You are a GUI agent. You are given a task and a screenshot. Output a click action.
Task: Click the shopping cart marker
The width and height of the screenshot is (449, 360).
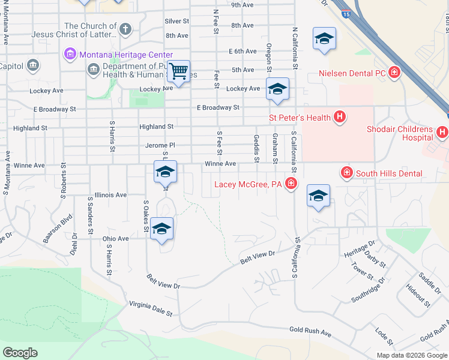[x=179, y=71]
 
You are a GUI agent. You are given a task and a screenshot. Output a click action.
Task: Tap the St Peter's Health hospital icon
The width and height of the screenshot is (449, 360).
[x=340, y=117]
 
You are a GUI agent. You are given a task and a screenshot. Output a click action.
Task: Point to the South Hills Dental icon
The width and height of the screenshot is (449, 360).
[x=346, y=173]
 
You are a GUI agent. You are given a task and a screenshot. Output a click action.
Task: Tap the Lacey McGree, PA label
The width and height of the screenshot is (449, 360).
[x=248, y=184]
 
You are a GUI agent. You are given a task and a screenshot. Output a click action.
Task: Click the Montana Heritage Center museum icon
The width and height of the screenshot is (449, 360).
[x=70, y=55]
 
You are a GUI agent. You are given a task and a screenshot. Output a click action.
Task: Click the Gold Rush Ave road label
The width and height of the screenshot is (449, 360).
[x=310, y=331]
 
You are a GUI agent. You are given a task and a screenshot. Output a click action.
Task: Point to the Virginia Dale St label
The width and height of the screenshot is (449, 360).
[x=150, y=309]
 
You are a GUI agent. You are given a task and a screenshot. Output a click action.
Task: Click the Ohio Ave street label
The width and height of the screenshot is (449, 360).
[x=115, y=238]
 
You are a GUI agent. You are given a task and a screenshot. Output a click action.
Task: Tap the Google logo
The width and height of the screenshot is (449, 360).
[x=20, y=353]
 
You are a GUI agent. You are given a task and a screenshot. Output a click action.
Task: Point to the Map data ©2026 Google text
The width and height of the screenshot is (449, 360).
[x=411, y=355]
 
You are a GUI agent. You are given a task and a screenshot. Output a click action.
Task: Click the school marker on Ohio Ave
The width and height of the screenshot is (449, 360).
[x=161, y=229]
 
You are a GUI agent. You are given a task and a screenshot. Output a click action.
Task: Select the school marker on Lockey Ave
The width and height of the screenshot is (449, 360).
[x=277, y=89]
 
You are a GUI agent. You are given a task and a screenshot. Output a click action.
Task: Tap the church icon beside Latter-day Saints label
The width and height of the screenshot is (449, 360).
[x=125, y=28]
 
